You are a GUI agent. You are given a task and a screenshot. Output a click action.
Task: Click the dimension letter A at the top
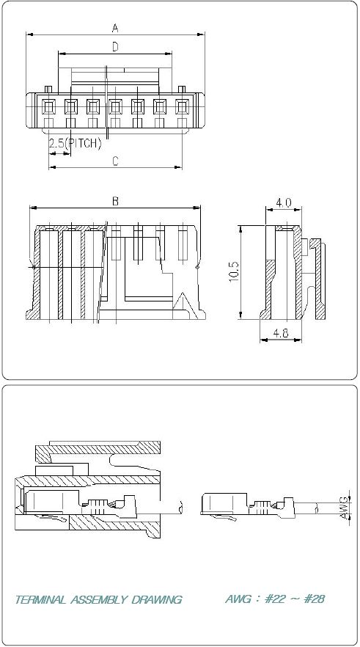[x=115, y=28]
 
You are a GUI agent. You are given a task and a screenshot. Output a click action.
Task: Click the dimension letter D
[x=115, y=47]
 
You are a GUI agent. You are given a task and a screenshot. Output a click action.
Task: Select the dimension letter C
[x=115, y=161]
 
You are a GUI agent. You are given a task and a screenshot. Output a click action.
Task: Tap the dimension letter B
[x=115, y=201]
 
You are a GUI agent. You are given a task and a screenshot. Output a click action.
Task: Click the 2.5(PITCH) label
[x=75, y=144]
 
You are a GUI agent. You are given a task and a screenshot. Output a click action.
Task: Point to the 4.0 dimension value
[x=284, y=202]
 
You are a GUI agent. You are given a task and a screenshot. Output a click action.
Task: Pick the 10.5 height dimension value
[x=234, y=272]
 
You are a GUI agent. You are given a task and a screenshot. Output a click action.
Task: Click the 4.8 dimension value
[x=281, y=333]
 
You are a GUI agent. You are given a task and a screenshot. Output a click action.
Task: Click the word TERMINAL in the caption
[x=40, y=599]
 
